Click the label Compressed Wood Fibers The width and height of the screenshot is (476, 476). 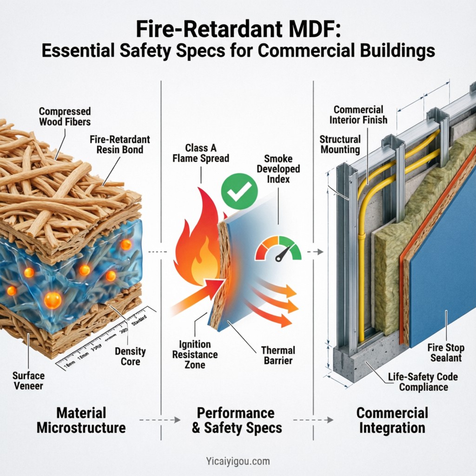pyautogui.click(x=65, y=117)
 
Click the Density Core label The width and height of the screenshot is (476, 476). pyautogui.click(x=131, y=357)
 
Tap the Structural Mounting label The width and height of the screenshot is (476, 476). pyautogui.click(x=340, y=144)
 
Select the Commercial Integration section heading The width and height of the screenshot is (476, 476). pyautogui.click(x=391, y=420)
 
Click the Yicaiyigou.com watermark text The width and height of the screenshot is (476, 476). pyautogui.click(x=238, y=462)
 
